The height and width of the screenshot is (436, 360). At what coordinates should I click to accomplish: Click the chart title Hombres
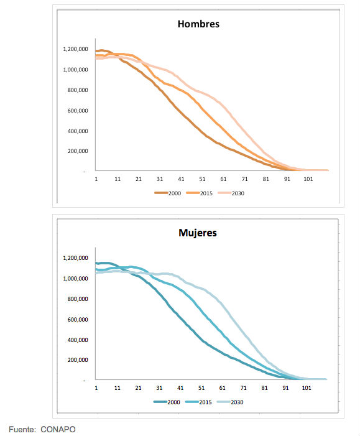point(198,24)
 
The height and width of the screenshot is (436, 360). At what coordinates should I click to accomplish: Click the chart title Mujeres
point(198,233)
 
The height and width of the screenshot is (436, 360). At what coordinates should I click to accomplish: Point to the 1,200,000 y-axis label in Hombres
point(75,49)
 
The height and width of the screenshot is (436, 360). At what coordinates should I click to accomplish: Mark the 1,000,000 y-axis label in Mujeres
point(75,279)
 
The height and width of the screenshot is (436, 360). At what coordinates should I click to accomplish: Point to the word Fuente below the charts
point(21,429)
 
